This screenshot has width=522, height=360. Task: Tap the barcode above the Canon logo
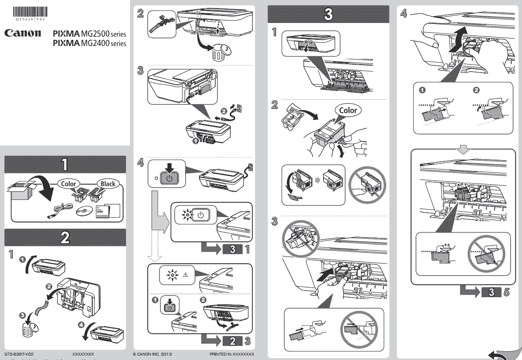pos(30,12)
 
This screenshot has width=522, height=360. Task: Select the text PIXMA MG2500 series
pos(89,34)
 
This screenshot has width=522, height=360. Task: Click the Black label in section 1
pos(107,184)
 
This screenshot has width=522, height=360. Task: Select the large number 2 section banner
pos(65,237)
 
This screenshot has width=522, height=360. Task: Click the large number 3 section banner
pos(328,14)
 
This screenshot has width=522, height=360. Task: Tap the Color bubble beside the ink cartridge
pos(347,110)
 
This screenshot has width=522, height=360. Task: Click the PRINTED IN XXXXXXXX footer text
pos(232,355)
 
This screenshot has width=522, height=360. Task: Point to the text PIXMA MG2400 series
pos(89,43)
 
